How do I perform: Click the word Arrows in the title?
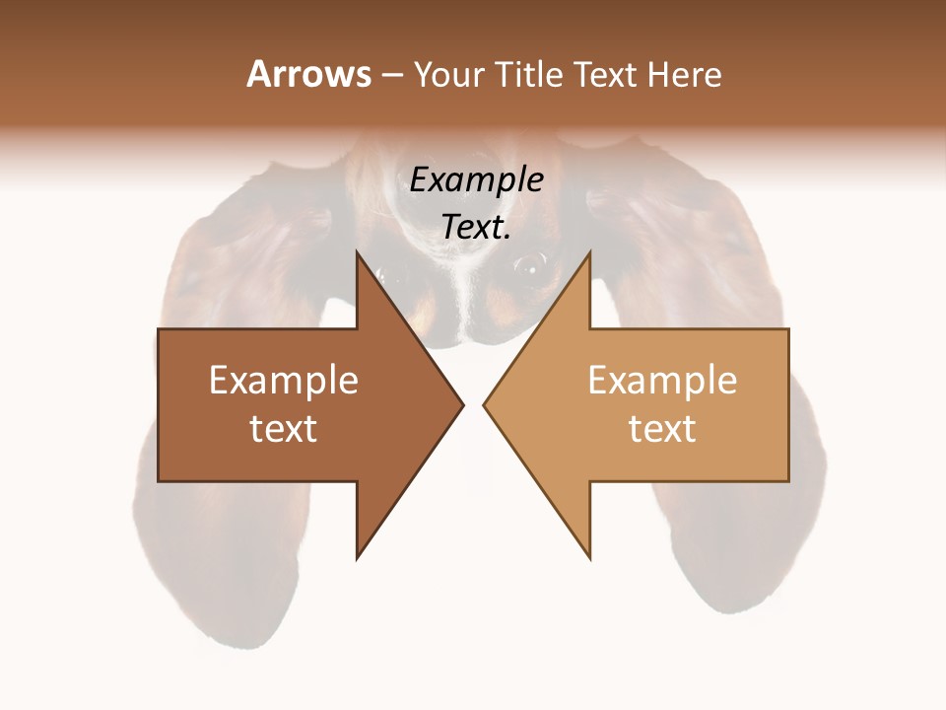[x=308, y=74]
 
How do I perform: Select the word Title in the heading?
[x=529, y=75]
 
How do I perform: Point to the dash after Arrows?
[x=391, y=76]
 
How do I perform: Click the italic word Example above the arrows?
[x=476, y=180]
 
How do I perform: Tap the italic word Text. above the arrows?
[x=476, y=228]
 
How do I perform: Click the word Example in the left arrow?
[x=284, y=381]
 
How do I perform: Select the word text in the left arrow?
[x=284, y=429]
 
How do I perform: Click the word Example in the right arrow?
[x=662, y=381]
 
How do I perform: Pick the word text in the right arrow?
[x=662, y=429]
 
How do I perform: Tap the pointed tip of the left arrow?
[x=462, y=404]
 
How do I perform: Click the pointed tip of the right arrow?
[x=485, y=404]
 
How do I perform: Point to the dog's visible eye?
[x=529, y=264]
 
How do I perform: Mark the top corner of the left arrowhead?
[x=358, y=252]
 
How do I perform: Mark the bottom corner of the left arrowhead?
[x=358, y=557]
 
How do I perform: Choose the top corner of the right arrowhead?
[x=589, y=252]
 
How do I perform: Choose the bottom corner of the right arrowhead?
[x=589, y=557]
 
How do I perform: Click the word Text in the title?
[x=605, y=75]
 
